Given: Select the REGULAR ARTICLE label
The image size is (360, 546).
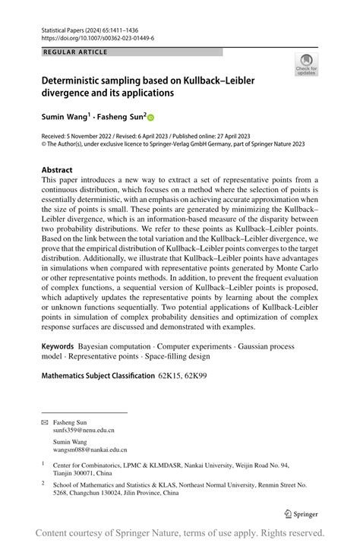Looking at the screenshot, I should pos(76,52).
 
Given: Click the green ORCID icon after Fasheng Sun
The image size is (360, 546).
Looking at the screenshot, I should pos(150,118).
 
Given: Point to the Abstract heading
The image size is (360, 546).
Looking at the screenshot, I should pos(57,170).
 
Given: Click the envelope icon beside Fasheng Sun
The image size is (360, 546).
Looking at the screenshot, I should pos(44,422).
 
